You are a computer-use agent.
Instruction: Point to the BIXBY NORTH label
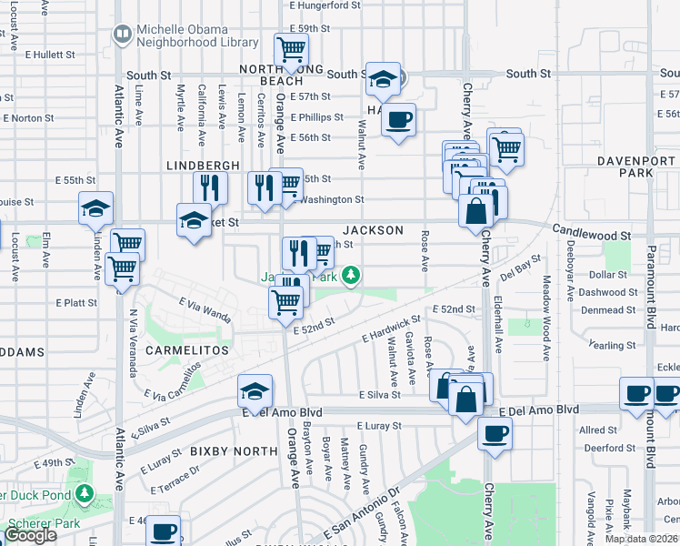point(234,451)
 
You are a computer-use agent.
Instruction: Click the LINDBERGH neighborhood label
point(203,165)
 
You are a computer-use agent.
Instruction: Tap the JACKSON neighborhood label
point(373,230)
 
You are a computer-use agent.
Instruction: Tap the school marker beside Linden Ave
point(95,208)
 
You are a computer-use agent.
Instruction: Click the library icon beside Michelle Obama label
point(122,35)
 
